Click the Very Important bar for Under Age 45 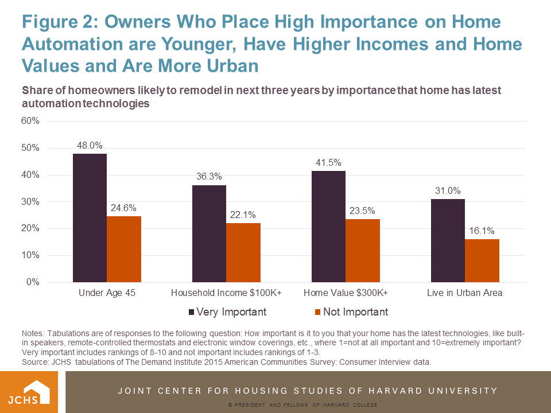[x=90, y=218]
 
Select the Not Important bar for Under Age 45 [x=124, y=249]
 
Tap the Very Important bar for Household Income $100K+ [x=209, y=233]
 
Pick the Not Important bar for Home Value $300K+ [x=363, y=251]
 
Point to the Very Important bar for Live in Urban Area [x=448, y=240]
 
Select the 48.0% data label [x=90, y=145]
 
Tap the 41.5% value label [x=328, y=162]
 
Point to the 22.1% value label [x=243, y=215]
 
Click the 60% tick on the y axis [x=30, y=121]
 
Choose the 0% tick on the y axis [x=32, y=282]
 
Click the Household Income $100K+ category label [x=226, y=293]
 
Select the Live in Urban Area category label [x=465, y=293]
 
